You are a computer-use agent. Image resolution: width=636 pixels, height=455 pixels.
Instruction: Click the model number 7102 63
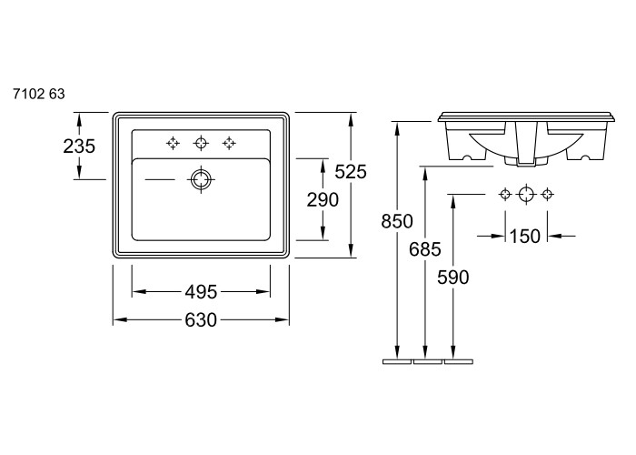39,95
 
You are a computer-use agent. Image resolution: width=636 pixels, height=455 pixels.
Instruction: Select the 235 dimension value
79,146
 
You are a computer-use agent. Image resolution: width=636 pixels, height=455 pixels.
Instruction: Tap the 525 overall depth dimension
351,172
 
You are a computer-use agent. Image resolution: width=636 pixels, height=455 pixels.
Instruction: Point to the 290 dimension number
323,200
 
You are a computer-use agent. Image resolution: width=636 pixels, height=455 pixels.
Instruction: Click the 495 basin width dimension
201,292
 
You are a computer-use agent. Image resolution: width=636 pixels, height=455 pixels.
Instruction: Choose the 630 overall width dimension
201,320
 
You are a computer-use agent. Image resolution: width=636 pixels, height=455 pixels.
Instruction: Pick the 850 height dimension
397,221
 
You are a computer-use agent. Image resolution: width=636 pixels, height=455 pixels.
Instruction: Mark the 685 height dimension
424,249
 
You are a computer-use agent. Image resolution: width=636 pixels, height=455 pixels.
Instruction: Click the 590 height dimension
453,278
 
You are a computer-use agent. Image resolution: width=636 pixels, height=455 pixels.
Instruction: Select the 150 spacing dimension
524,236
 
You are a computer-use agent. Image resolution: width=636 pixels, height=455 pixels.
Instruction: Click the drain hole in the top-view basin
201,179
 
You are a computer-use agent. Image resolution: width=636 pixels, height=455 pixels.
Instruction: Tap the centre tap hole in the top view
201,143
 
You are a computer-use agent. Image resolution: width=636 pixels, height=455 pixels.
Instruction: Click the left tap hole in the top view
173,143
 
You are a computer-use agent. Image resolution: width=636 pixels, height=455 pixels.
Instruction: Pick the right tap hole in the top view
229,143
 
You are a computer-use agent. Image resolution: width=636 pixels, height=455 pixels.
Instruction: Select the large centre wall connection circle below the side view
526,195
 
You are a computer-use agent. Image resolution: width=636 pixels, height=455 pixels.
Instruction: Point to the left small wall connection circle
505,195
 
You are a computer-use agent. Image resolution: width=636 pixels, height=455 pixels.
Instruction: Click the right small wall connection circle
547,195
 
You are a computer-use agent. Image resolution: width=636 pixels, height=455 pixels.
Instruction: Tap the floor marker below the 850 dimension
397,361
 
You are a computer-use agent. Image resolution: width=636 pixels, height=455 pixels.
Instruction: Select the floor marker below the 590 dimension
459,361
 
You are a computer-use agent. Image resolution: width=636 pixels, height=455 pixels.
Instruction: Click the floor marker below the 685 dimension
428,361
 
